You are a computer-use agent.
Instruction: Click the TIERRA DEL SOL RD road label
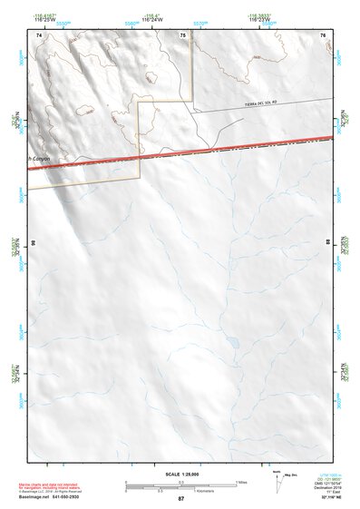pyautogui.click(x=264, y=103)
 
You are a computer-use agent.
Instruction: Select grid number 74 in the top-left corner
pyautogui.click(x=39, y=34)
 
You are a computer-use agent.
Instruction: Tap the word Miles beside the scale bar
pyautogui.click(x=240, y=481)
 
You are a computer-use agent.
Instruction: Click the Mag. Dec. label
pyautogui.click(x=292, y=475)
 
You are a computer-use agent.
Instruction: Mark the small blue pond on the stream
pyautogui.click(x=233, y=343)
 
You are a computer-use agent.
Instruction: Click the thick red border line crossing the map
pyautogui.click(x=181, y=151)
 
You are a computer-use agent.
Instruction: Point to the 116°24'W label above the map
pyautogui.click(x=183, y=18)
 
